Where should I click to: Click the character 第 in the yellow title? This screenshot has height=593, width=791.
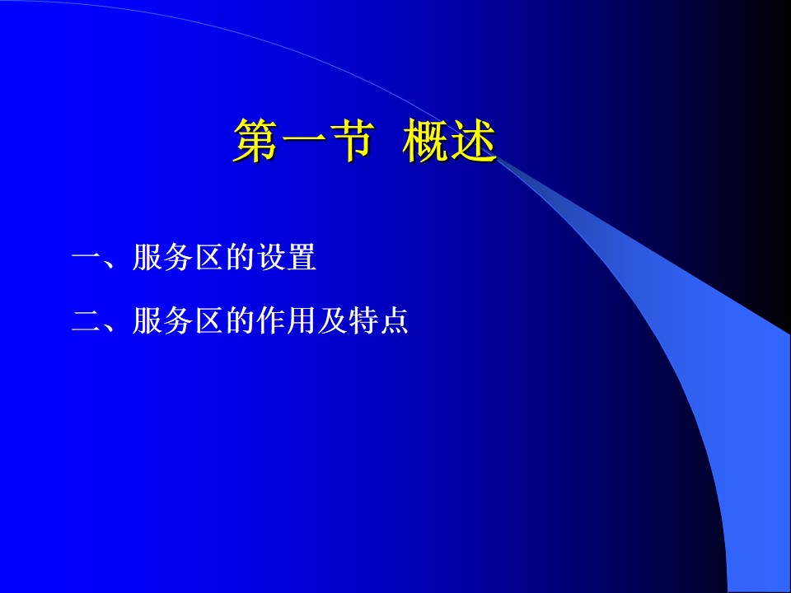point(255,141)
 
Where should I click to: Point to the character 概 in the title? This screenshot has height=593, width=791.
point(425,141)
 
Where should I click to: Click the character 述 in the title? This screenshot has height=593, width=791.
point(473,141)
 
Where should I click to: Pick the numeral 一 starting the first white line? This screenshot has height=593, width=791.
point(87,258)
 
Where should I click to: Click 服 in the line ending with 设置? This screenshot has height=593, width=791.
point(147,257)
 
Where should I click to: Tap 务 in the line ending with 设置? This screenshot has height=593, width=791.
point(179,257)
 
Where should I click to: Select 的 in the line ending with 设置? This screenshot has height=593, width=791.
point(240,257)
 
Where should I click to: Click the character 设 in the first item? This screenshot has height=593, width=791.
point(271,257)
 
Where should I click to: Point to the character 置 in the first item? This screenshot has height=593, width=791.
point(302,257)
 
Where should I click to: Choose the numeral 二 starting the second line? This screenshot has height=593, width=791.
point(87,320)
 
